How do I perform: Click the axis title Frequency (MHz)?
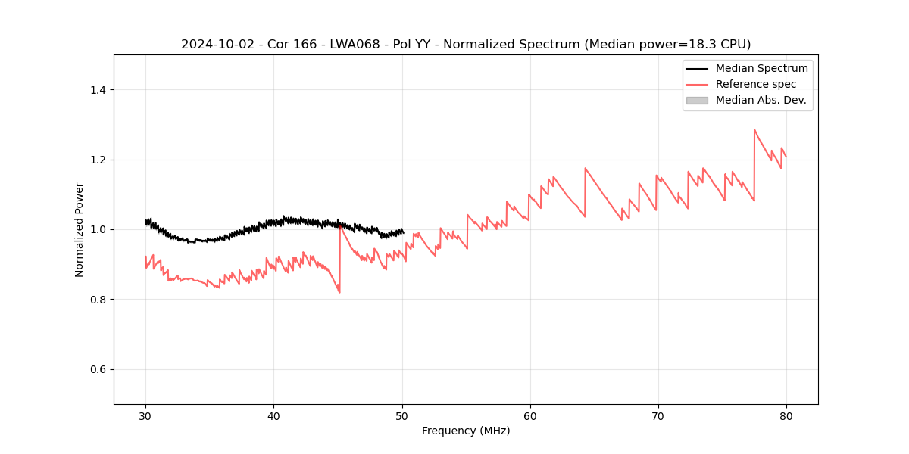pos(466,431)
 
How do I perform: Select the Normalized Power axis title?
pos(80,229)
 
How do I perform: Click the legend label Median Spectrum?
pos(761,68)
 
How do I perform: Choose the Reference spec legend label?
pos(756,84)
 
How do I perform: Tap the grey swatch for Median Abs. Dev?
pos(697,100)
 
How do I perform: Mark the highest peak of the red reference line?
pos(754,129)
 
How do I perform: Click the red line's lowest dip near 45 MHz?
pos(339,292)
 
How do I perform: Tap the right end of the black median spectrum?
pos(403,232)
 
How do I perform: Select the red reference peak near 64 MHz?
pos(585,168)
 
